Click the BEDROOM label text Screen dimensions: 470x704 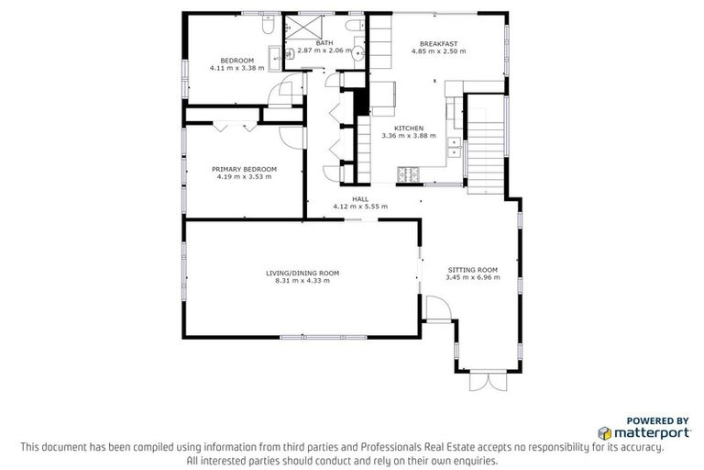pyautogui.click(x=236, y=61)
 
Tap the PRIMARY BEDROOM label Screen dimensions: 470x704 pyautogui.click(x=244, y=169)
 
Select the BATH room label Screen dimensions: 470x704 pyautogui.click(x=324, y=42)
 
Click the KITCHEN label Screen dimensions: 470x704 pyautogui.click(x=408, y=128)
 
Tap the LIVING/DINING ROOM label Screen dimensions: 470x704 pyautogui.click(x=302, y=273)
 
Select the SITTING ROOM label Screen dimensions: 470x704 pyautogui.click(x=472, y=269)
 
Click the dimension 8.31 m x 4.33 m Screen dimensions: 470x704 pyautogui.click(x=302, y=280)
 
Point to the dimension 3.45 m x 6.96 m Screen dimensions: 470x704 pyautogui.click(x=472, y=276)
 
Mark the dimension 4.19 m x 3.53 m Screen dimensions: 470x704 pyautogui.click(x=244, y=176)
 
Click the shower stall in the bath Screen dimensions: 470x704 pyautogui.click(x=303, y=27)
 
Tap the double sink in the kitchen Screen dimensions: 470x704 pyautogui.click(x=454, y=142)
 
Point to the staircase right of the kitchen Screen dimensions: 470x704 pyautogui.click(x=486, y=147)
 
